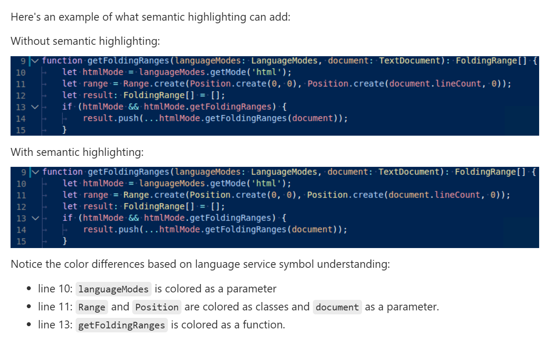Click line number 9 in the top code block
coord(23,61)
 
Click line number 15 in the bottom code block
coord(21,241)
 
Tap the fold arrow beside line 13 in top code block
coord(35,107)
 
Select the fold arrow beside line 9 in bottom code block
coord(36,172)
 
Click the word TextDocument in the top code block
coord(410,61)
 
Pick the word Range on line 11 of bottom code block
coord(136,195)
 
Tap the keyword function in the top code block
coord(62,61)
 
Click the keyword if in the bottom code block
coord(67,218)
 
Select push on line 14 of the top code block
coord(128,119)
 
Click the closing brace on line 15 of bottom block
coord(65,241)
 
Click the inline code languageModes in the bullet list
coord(113,289)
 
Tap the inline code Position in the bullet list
coord(157,307)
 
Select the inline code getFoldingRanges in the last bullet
coord(122,325)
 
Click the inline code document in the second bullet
coord(337,307)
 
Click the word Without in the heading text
coord(30,41)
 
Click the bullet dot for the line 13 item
coord(29,324)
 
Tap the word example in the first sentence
coord(79,18)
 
